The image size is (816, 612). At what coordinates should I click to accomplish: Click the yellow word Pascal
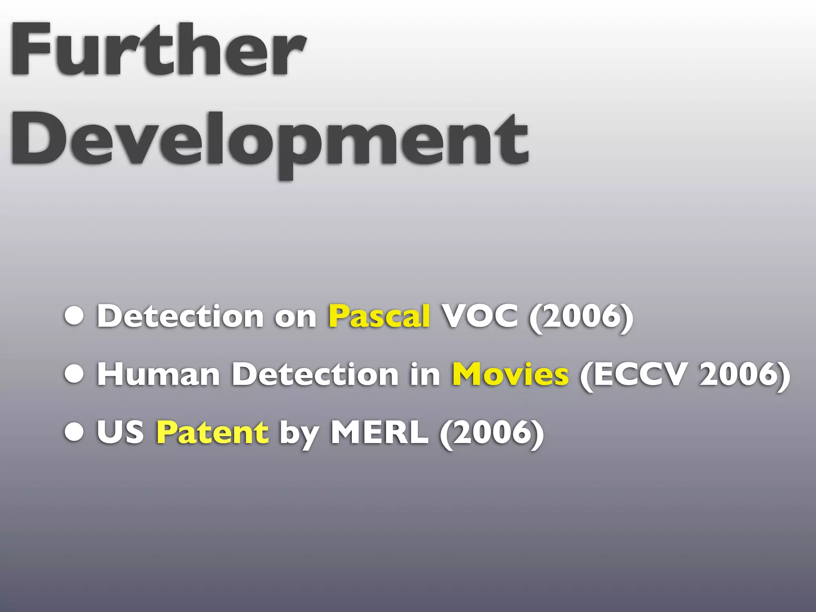coord(379,316)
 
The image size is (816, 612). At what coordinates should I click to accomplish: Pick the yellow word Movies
coord(510,374)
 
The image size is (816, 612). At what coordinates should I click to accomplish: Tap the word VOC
coord(481,316)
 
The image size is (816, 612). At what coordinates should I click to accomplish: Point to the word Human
coord(159,374)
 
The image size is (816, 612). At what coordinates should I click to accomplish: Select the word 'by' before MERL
coord(299,433)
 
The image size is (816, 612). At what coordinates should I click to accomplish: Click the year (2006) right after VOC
coord(581,316)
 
